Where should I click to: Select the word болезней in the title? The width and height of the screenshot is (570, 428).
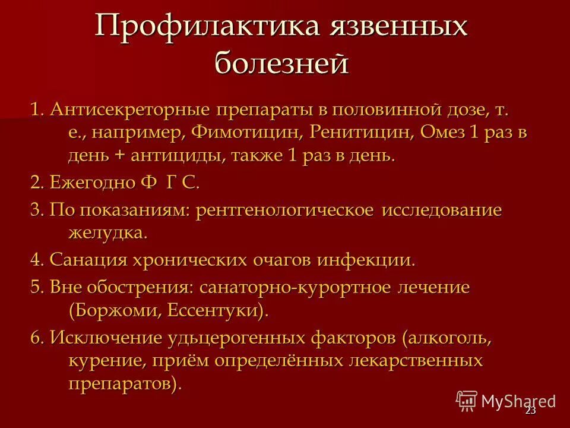tap(280, 62)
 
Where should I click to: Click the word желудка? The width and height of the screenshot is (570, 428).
tap(107, 233)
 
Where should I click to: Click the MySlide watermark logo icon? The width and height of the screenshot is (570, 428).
tap(467, 400)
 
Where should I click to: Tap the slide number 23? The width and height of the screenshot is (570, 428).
tap(530, 411)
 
